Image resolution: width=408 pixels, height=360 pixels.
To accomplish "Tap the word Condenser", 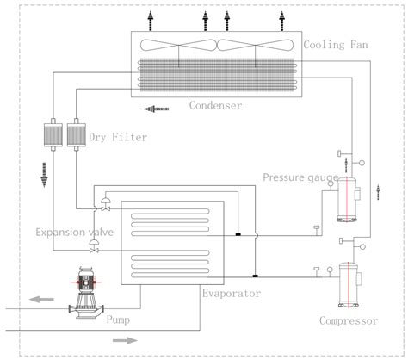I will click(215, 106).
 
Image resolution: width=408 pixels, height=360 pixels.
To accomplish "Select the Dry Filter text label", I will click(116, 134).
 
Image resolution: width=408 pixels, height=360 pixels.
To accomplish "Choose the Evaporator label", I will click(232, 293).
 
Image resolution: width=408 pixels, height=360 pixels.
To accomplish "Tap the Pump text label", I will click(118, 319).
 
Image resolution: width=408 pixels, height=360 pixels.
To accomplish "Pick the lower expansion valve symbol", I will click(93, 247).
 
